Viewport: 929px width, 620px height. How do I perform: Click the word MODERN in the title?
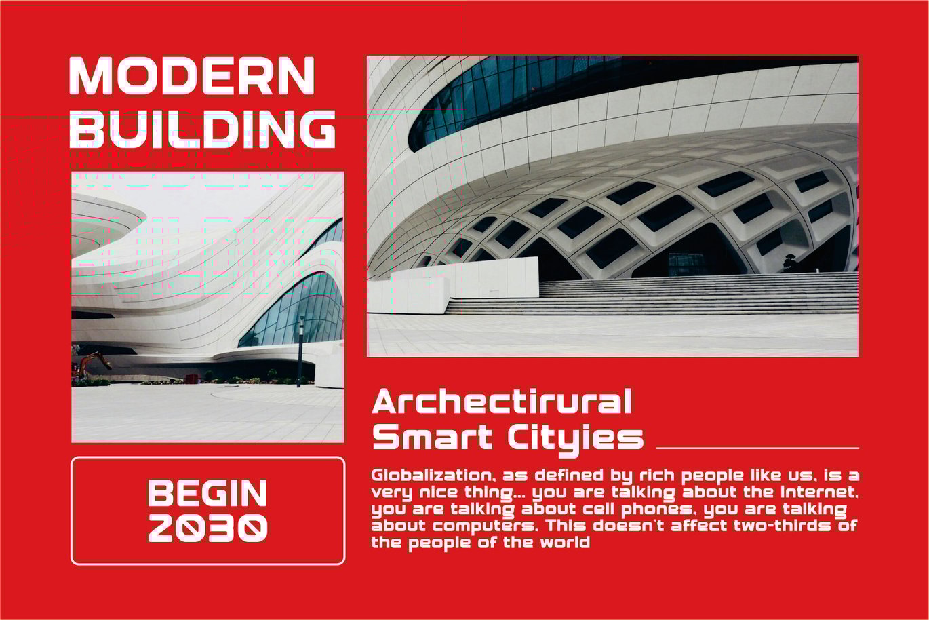(x=192, y=75)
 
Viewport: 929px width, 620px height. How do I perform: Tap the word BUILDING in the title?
(x=202, y=129)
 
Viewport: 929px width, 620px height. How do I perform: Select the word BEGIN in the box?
(x=207, y=493)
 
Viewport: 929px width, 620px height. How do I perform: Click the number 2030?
(x=207, y=528)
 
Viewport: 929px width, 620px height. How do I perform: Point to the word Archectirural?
(x=502, y=401)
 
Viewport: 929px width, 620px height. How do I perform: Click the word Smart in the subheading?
(x=432, y=437)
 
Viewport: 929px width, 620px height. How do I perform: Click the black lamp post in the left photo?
(x=300, y=352)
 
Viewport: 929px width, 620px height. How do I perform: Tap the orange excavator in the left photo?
(x=94, y=363)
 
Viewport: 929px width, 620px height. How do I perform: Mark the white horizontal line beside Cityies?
(x=757, y=448)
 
